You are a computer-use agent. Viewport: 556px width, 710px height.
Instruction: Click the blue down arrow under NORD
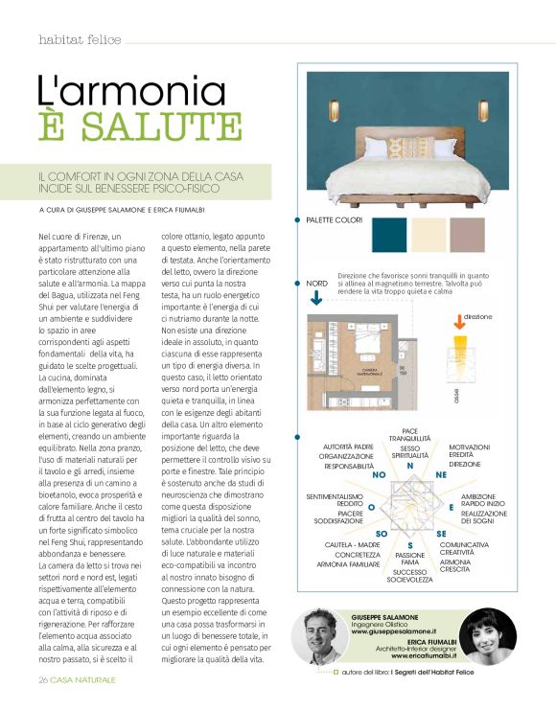tap(317, 299)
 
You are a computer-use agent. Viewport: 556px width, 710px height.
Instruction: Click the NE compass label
tap(441, 473)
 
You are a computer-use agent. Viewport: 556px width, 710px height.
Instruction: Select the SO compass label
tap(381, 533)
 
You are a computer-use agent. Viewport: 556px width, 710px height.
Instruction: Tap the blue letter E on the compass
tap(451, 506)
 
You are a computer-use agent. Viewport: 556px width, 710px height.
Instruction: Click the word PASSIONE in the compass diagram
tap(410, 555)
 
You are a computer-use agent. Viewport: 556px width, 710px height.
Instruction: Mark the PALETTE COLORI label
tap(334, 220)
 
